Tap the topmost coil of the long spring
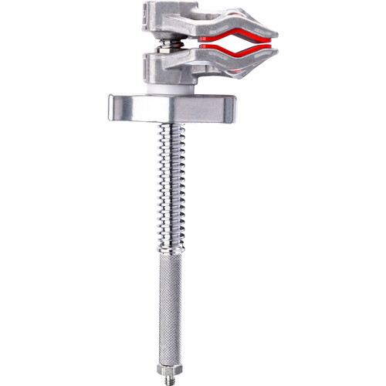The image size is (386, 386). point(171,127)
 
